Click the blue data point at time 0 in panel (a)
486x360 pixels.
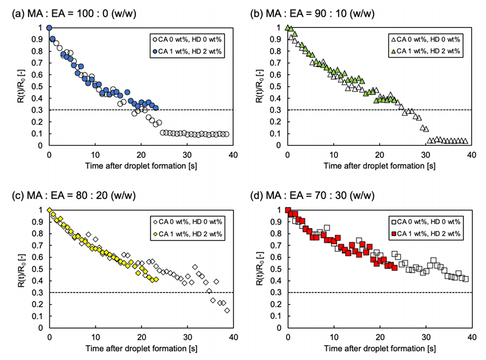49,28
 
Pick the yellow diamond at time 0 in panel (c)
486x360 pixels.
49,211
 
